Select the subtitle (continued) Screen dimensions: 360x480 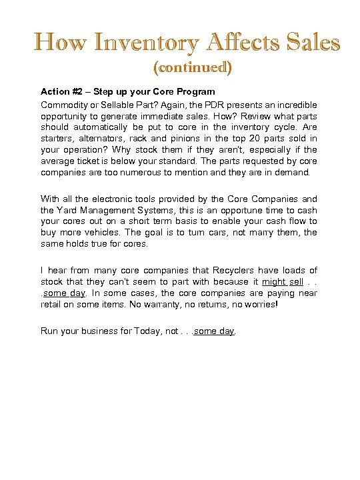[x=193, y=67]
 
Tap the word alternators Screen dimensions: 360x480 [x=106, y=139]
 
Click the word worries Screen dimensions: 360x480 [x=293, y=304]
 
